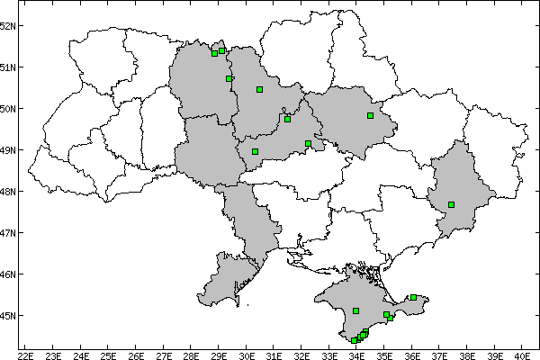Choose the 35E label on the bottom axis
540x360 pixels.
click(384, 354)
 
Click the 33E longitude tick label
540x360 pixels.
click(329, 354)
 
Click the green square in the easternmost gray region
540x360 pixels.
click(452, 204)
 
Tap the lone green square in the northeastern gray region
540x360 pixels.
click(370, 115)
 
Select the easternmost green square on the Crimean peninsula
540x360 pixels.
click(413, 297)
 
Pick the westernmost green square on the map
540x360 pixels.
click(214, 53)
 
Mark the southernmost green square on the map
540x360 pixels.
click(355, 340)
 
